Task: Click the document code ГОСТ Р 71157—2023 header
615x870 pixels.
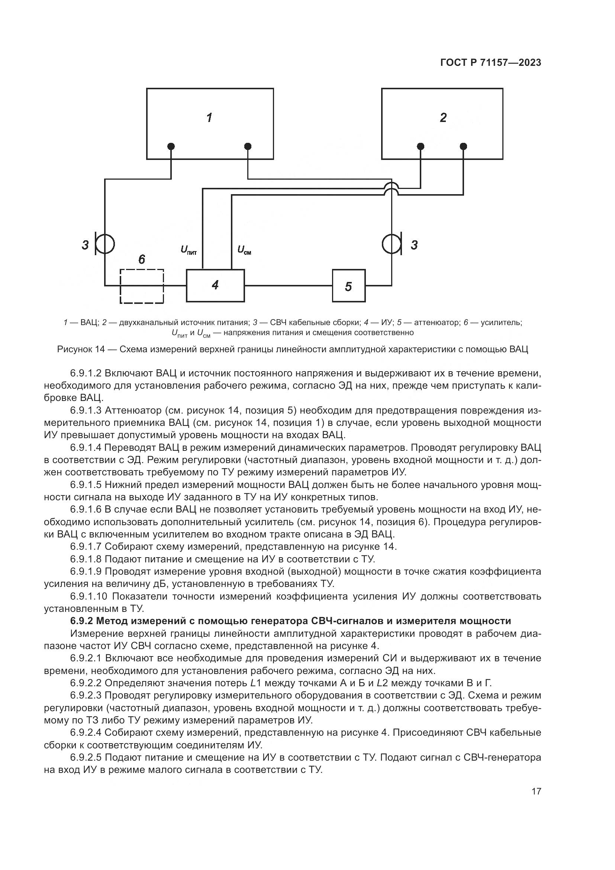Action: pyautogui.click(x=490, y=62)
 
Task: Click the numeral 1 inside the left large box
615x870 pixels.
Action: pyautogui.click(x=209, y=118)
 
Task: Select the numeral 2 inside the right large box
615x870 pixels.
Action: pyautogui.click(x=443, y=118)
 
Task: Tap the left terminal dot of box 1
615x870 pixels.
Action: pyautogui.click(x=171, y=146)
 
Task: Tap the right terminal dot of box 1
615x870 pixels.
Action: pyautogui.click(x=248, y=146)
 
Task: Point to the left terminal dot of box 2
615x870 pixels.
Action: pyautogui.click(x=421, y=146)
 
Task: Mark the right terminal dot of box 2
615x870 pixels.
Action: pyautogui.click(x=463, y=146)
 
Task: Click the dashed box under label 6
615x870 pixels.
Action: pyautogui.click(x=142, y=286)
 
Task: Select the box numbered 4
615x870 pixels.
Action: pyautogui.click(x=215, y=285)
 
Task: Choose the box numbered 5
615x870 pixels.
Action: pyautogui.click(x=348, y=286)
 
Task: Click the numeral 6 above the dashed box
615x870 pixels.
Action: pyautogui.click(x=142, y=260)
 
